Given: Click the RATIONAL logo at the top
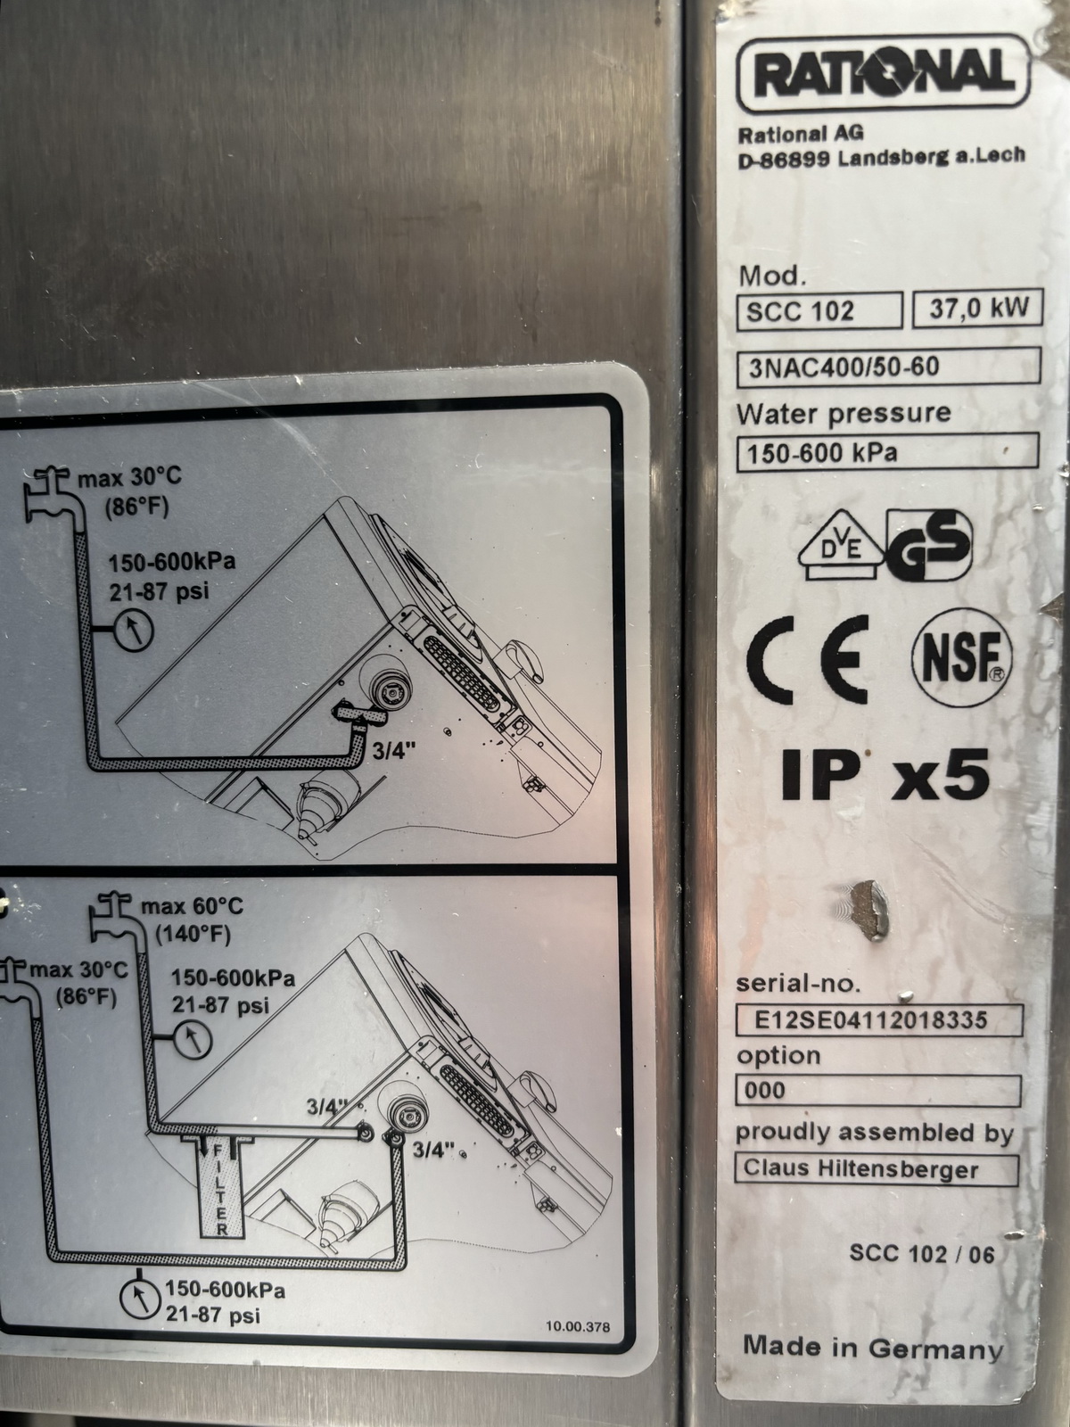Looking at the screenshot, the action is coord(884,73).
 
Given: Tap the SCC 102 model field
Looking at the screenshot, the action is coord(819,310).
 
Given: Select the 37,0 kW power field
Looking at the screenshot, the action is coord(978,309).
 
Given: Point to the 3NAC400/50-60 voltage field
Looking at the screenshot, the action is coord(889,367).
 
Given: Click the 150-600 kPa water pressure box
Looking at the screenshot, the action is coord(887,452).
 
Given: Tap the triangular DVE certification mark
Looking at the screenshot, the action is coord(842,546).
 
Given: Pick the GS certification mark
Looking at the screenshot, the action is coord(929,545).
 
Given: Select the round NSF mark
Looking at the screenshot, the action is coord(962,657).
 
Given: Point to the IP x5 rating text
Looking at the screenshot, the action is coord(885,774).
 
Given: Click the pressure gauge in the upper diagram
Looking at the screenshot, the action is coord(133,630).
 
